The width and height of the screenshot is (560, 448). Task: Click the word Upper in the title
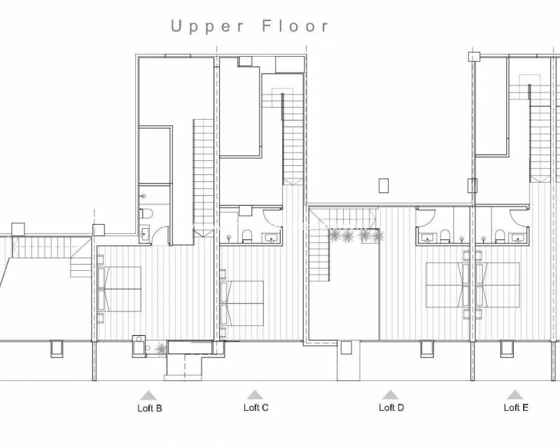click(x=208, y=27)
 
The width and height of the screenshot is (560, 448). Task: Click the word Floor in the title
click(x=295, y=27)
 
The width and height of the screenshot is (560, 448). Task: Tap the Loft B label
click(x=150, y=408)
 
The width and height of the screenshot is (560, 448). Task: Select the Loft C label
click(x=255, y=407)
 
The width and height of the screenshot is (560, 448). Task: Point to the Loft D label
click(x=391, y=407)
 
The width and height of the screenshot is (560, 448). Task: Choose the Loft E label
click(x=516, y=407)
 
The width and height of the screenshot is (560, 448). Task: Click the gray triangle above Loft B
click(x=148, y=395)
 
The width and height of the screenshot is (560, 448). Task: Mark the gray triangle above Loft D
click(x=391, y=395)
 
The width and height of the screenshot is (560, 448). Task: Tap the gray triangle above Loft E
click(x=515, y=395)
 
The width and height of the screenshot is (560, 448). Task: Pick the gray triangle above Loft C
click(x=255, y=395)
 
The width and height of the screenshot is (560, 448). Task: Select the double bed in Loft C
click(x=242, y=302)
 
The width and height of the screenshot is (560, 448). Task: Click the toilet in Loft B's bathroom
click(x=146, y=213)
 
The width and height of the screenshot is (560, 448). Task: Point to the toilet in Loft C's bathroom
click(x=246, y=237)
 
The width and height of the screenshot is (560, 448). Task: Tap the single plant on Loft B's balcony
click(x=160, y=347)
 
